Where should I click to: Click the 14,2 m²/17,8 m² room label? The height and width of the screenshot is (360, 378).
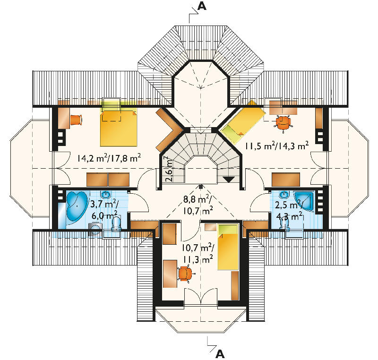(x=109, y=158)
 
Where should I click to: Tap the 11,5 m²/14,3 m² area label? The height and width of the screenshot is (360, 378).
(x=277, y=146)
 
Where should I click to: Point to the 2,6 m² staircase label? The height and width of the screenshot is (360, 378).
(x=169, y=169)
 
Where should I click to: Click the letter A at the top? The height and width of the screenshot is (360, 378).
(x=202, y=6)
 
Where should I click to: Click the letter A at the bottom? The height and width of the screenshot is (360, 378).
(x=220, y=354)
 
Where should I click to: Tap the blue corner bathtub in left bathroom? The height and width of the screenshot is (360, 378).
(x=76, y=206)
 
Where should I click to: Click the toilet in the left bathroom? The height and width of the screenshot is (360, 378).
(x=116, y=223)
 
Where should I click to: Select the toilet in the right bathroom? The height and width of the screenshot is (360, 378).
(x=284, y=224)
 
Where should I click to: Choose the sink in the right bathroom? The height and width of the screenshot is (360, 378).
(x=284, y=194)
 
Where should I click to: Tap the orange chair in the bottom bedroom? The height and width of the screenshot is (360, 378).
(x=186, y=274)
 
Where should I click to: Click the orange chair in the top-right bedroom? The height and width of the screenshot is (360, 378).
(x=283, y=122)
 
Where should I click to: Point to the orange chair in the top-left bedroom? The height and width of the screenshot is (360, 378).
(x=76, y=120)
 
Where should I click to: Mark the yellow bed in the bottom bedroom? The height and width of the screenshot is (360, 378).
(x=228, y=247)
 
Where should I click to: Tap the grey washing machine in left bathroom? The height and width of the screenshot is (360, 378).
(x=95, y=229)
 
